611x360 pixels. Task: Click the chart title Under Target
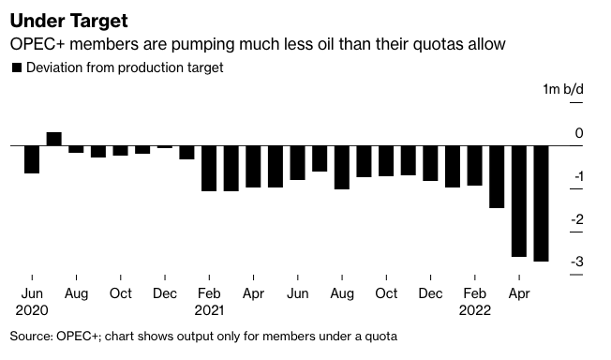pos(69,20)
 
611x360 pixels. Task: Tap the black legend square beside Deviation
pos(15,67)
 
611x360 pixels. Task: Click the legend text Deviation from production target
pos(124,67)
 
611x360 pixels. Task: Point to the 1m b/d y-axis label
pos(562,89)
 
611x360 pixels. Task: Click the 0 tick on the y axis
pos(579,134)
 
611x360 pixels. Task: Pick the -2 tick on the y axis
pos(577,219)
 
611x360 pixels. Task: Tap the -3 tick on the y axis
pos(577,262)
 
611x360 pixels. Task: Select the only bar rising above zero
pos(53,140)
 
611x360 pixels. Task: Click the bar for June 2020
pos(32,159)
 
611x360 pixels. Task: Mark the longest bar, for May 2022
pos(541,203)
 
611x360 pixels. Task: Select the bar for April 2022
pos(518,201)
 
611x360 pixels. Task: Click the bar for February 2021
pos(209,169)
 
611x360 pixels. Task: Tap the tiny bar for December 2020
pos(165,147)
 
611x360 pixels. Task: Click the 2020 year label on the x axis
pos(32,308)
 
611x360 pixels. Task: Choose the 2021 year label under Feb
pos(210,308)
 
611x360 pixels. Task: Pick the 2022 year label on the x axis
pos(475,308)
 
